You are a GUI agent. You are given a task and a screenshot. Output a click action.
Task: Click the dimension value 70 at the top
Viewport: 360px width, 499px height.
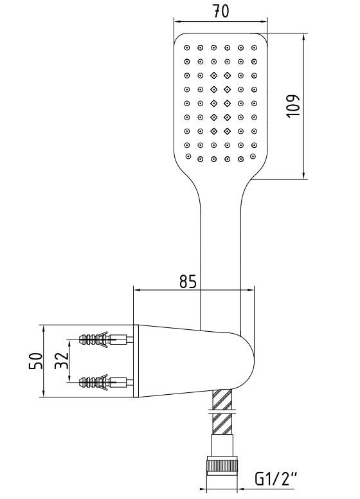[221, 11]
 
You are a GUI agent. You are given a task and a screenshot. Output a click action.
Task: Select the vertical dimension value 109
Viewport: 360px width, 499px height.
[293, 105]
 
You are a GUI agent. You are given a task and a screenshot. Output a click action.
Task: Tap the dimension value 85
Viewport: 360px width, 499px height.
[188, 281]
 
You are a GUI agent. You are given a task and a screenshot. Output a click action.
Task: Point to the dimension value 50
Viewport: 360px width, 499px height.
[35, 361]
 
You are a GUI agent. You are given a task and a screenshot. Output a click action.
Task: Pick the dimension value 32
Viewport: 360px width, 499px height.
[62, 360]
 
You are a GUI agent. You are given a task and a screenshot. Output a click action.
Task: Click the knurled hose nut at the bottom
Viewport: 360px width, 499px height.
[222, 466]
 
